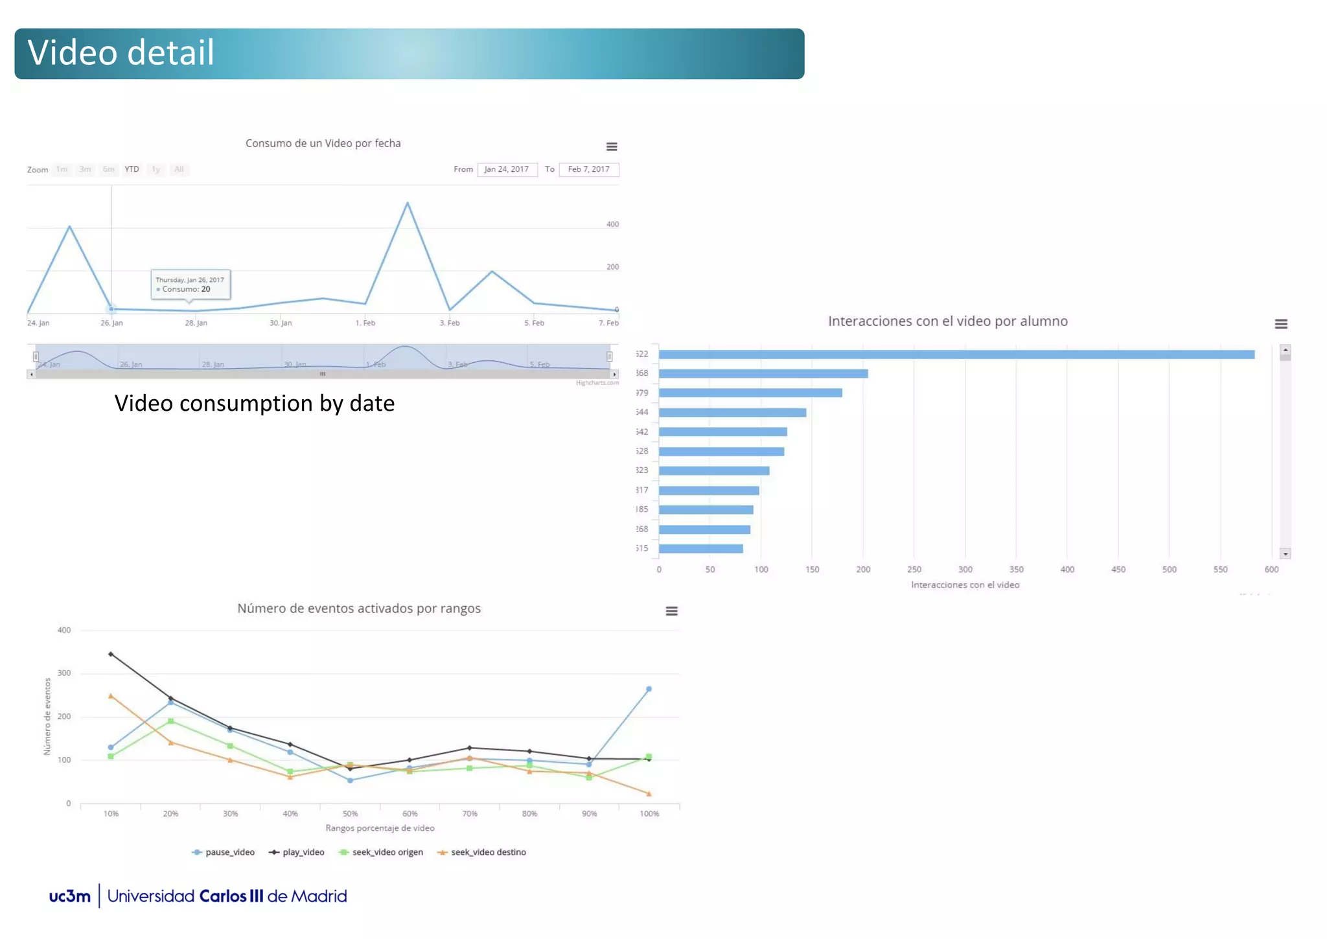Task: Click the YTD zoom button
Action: pyautogui.click(x=132, y=169)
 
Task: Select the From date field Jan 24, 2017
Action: pyautogui.click(x=507, y=169)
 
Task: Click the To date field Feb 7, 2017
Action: pyautogui.click(x=588, y=169)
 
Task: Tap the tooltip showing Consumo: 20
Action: pyautogui.click(x=190, y=284)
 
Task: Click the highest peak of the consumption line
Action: pyautogui.click(x=407, y=203)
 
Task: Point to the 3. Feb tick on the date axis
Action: pyautogui.click(x=449, y=323)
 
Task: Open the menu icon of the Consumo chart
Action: pyautogui.click(x=611, y=147)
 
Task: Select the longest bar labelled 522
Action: pyautogui.click(x=956, y=354)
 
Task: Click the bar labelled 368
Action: pyautogui.click(x=763, y=374)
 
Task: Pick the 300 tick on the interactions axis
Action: pyautogui.click(x=965, y=570)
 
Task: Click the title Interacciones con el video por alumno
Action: pyautogui.click(x=947, y=321)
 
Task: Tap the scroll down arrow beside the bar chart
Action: pyautogui.click(x=1285, y=554)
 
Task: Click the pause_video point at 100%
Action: pyautogui.click(x=649, y=690)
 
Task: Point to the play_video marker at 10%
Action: pyautogui.click(x=111, y=655)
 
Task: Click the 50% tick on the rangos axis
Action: pyautogui.click(x=350, y=814)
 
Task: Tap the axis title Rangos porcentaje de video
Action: pyautogui.click(x=380, y=828)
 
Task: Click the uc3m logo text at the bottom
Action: pyautogui.click(x=70, y=896)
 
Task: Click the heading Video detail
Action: pyautogui.click(x=121, y=53)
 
